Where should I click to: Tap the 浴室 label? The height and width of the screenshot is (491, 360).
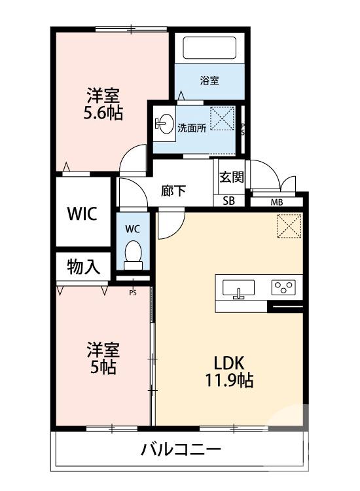coord(209,81)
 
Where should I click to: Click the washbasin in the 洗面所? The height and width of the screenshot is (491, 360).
coord(166,124)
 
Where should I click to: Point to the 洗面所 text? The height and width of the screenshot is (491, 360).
coord(192,128)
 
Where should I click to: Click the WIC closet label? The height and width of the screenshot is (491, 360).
coord(83,214)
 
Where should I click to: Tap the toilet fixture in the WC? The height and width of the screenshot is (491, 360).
coord(134,253)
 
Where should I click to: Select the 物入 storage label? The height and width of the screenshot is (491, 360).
coord(83,267)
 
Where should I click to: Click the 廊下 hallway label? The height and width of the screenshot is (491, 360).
coord(174,191)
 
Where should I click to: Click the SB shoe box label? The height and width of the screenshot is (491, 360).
coord(229,201)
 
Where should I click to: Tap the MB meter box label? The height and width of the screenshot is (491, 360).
coord(278,201)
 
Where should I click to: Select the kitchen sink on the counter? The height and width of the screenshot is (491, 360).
coord(238,288)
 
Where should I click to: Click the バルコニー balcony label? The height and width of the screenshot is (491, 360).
coord(180,450)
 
